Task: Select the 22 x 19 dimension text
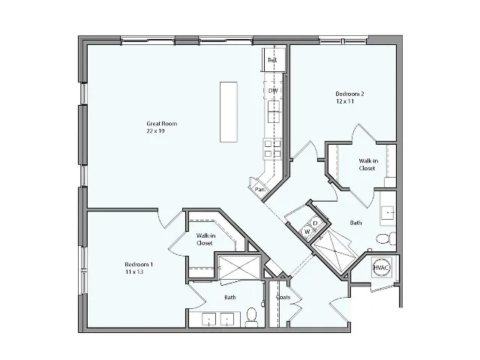pyautogui.click(x=156, y=130)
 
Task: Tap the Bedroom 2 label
pyautogui.click(x=349, y=94)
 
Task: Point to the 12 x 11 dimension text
pyautogui.click(x=345, y=101)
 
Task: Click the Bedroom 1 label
pyautogui.click(x=139, y=265)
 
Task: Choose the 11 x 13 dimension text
pyautogui.click(x=134, y=272)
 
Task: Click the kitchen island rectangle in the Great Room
pyautogui.click(x=230, y=111)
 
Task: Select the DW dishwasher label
pyautogui.click(x=274, y=91)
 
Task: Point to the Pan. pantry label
pyautogui.click(x=260, y=190)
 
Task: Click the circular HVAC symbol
pyautogui.click(x=382, y=267)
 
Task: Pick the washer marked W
pyautogui.click(x=307, y=232)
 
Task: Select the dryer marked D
pyautogui.click(x=316, y=223)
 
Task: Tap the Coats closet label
pyautogui.click(x=283, y=298)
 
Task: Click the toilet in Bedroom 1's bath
pyautogui.click(x=252, y=315)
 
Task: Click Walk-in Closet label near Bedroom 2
pyautogui.click(x=367, y=164)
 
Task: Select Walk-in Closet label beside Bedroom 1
pyautogui.click(x=204, y=239)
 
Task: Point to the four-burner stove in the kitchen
pyautogui.click(x=271, y=148)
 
